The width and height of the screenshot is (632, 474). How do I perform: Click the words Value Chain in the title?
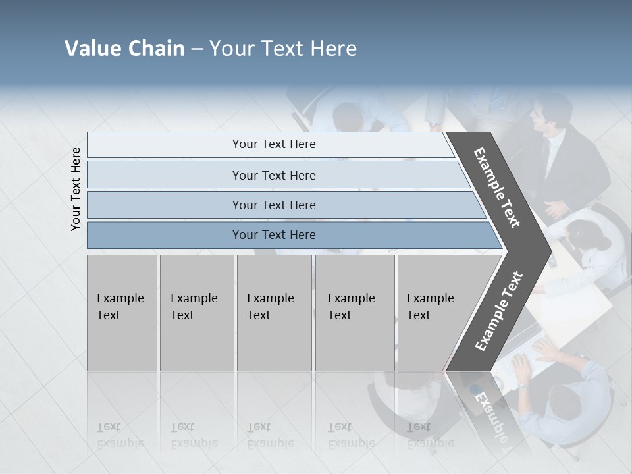[124, 49]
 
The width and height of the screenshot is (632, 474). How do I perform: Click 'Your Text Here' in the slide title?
[283, 49]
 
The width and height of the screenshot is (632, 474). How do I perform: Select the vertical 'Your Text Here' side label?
[76, 189]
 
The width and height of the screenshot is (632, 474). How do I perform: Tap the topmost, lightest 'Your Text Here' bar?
[273, 144]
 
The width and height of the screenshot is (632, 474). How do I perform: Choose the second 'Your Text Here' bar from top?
[273, 175]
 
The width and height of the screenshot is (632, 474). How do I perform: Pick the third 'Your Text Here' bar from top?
[273, 205]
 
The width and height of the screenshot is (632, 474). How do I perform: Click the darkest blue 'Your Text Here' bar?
[273, 235]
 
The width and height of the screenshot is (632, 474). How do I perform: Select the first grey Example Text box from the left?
[122, 313]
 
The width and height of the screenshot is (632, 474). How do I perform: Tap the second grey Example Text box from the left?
[196, 313]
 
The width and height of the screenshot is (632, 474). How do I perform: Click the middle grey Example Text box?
[274, 313]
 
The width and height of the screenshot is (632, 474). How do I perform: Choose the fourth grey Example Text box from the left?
[354, 313]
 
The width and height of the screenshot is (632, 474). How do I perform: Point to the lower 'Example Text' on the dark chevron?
[499, 311]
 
